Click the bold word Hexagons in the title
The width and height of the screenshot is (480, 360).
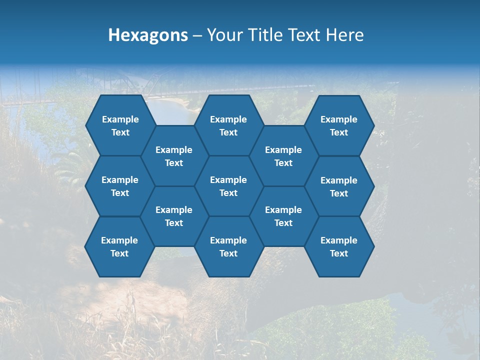coord(148,35)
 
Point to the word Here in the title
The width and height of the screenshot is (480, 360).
coord(345,35)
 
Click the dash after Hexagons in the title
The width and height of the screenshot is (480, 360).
coord(197,35)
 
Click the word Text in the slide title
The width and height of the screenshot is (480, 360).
coord(305,35)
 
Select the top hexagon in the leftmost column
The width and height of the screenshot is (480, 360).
coord(120,125)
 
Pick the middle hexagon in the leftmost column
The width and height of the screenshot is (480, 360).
coord(120,186)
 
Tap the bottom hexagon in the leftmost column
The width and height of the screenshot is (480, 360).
coord(119,246)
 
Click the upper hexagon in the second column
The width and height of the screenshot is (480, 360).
coord(174,156)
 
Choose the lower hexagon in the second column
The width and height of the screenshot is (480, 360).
coord(174,216)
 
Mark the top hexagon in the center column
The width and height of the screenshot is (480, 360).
coord(228,125)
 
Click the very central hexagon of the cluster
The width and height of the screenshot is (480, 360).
coord(228,186)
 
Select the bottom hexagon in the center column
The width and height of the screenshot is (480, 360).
coord(228,246)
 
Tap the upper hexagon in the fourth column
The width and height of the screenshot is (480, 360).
coord(283,156)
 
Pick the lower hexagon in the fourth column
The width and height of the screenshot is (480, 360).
coord(283,216)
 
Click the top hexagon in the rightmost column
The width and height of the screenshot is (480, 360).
coord(339,125)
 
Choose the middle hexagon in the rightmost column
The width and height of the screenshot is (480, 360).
coord(339,186)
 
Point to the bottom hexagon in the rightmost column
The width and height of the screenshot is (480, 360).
coord(339,246)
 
